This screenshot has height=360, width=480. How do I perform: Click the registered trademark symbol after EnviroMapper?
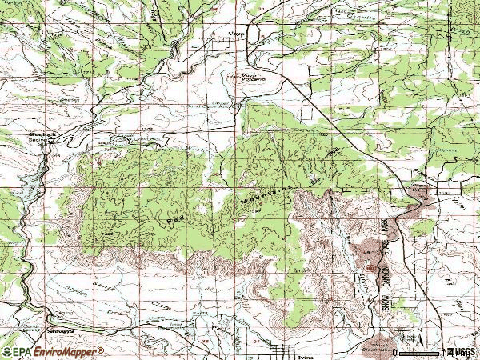(101, 349)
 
